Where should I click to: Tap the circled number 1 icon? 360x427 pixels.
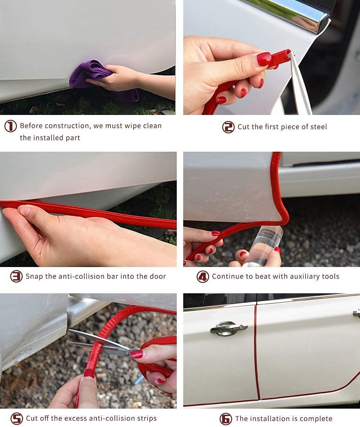tap(10, 126)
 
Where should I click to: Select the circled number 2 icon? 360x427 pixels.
tap(228, 127)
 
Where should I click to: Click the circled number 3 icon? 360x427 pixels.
tap(16, 276)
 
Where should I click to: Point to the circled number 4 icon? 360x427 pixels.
tap(203, 277)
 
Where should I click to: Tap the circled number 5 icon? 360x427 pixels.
tap(17, 419)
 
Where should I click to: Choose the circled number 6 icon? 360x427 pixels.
tap(226, 419)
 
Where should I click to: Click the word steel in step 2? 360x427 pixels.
tap(318, 127)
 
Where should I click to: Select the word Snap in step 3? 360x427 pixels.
tap(34, 276)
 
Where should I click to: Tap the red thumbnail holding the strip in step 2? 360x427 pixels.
tap(264, 59)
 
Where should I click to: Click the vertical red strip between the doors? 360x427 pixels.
tap(257, 351)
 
